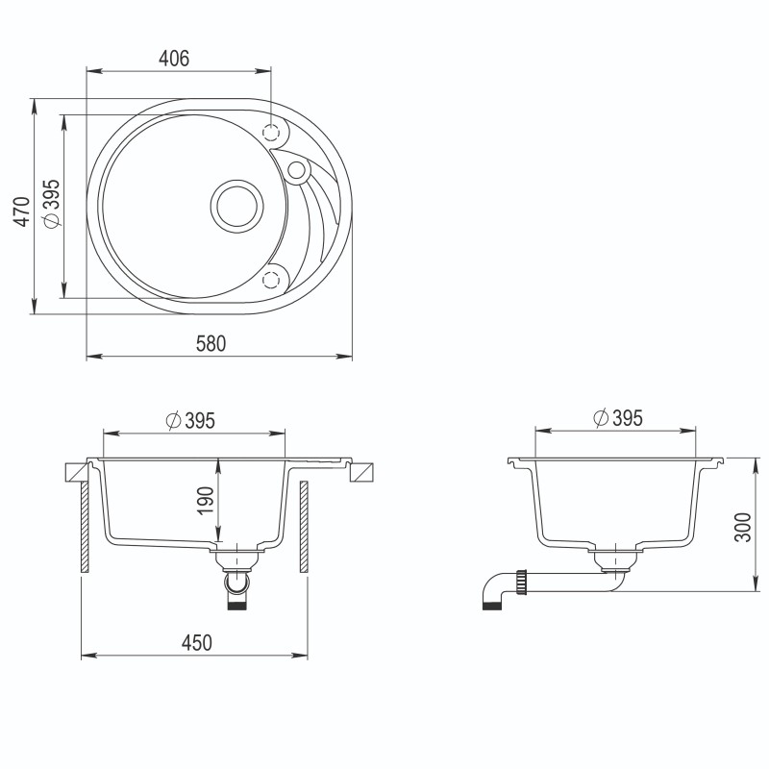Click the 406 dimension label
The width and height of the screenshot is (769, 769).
(x=173, y=59)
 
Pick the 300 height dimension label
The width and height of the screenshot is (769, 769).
(x=741, y=524)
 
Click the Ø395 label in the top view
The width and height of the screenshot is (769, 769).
(x=53, y=204)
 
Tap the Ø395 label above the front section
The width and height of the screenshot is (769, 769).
(x=188, y=421)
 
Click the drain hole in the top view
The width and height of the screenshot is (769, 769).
(x=236, y=205)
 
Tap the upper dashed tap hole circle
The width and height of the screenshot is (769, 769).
(x=272, y=132)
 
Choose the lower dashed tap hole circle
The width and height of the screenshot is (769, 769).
(x=272, y=279)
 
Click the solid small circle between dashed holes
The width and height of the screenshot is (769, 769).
(x=297, y=171)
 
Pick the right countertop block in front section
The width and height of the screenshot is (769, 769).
(x=362, y=472)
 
